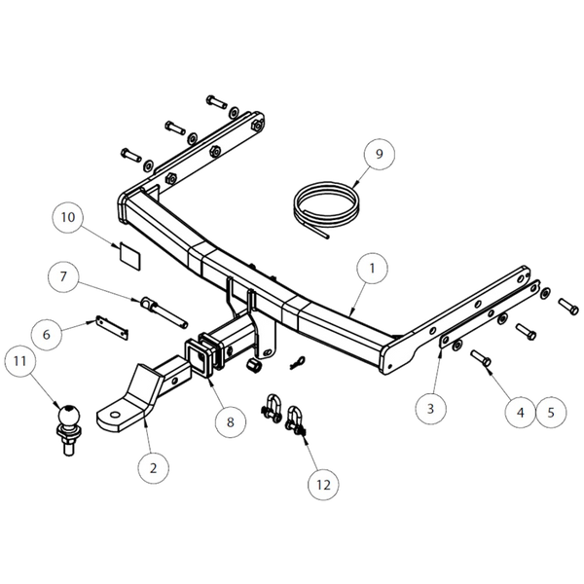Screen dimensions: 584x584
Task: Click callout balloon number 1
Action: (x=372, y=269)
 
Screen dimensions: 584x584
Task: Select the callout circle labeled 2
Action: (x=153, y=468)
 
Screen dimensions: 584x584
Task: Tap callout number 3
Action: (x=430, y=409)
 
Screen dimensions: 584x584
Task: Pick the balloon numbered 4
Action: (x=521, y=413)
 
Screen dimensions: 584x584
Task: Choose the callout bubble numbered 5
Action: (x=551, y=413)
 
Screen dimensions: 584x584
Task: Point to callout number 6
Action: (x=47, y=334)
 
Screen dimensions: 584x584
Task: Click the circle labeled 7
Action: (x=63, y=276)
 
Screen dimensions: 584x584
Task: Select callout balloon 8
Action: (x=231, y=422)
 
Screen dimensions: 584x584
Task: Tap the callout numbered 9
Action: (x=380, y=154)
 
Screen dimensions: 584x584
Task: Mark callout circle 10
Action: (x=68, y=217)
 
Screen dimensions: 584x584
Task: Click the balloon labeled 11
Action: (x=20, y=360)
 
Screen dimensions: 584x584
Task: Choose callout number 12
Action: (x=323, y=485)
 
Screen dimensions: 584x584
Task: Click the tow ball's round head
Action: (x=69, y=415)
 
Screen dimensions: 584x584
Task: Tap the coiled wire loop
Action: (x=326, y=209)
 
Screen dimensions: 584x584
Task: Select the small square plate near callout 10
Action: (x=129, y=256)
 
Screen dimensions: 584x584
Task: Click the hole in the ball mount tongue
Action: (x=116, y=415)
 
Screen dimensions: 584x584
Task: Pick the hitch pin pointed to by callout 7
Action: (x=164, y=312)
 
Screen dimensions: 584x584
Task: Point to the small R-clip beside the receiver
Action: (x=298, y=362)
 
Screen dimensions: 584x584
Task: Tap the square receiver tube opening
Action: (x=199, y=357)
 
